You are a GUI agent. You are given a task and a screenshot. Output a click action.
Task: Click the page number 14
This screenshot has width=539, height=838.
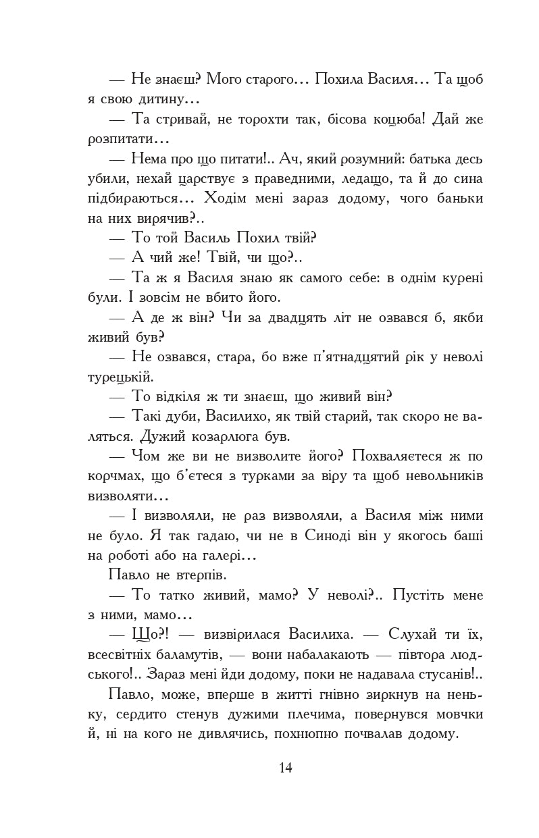[x=284, y=767]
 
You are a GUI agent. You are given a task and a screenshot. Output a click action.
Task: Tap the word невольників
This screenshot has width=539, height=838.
[x=442, y=476]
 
